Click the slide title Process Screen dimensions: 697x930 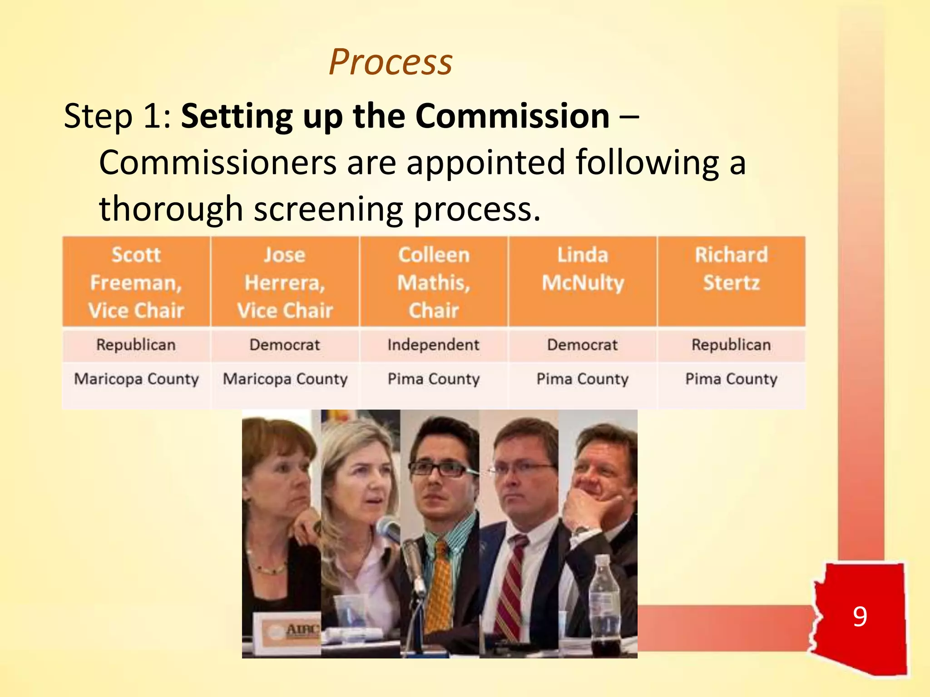(x=391, y=62)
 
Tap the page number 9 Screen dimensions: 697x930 (x=860, y=616)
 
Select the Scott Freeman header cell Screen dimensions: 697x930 (x=136, y=282)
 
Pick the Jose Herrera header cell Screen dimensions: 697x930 (x=285, y=282)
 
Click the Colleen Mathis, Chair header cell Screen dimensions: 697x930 (x=434, y=282)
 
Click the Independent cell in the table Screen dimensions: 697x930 (x=433, y=345)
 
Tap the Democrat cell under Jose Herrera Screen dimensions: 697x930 (x=285, y=345)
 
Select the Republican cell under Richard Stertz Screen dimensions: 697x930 (x=731, y=345)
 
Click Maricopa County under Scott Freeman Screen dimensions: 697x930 (x=136, y=379)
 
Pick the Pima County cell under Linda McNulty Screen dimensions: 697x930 (x=583, y=379)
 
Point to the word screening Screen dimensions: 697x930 (x=328, y=209)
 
